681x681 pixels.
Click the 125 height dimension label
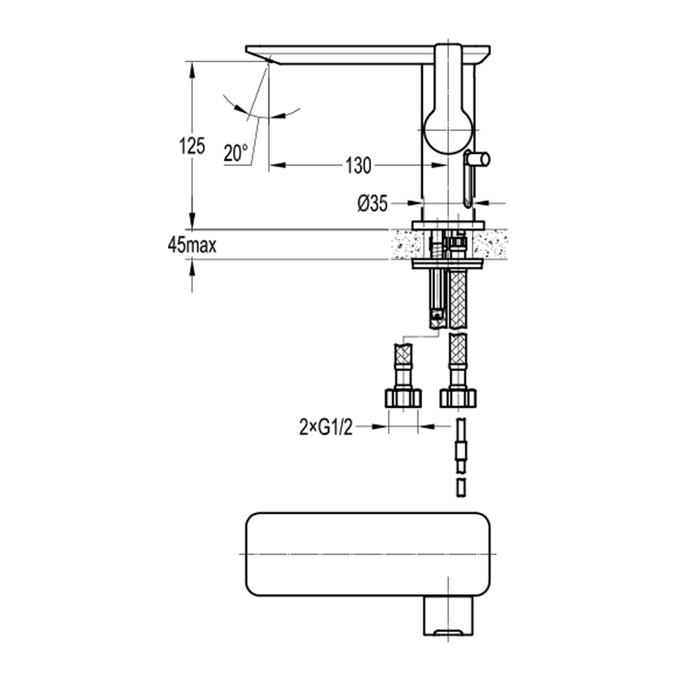(192, 146)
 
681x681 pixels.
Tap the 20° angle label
(236, 154)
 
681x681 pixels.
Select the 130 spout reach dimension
(358, 165)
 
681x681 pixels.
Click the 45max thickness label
(192, 245)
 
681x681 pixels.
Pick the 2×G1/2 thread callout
(326, 427)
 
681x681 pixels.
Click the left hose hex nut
(403, 397)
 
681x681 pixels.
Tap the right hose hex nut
(458, 397)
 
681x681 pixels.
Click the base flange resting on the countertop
(447, 225)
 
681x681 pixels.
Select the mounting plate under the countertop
(447, 263)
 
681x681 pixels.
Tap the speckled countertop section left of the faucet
(403, 244)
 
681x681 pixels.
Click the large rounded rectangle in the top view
(368, 553)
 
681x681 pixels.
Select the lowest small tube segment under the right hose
(460, 488)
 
